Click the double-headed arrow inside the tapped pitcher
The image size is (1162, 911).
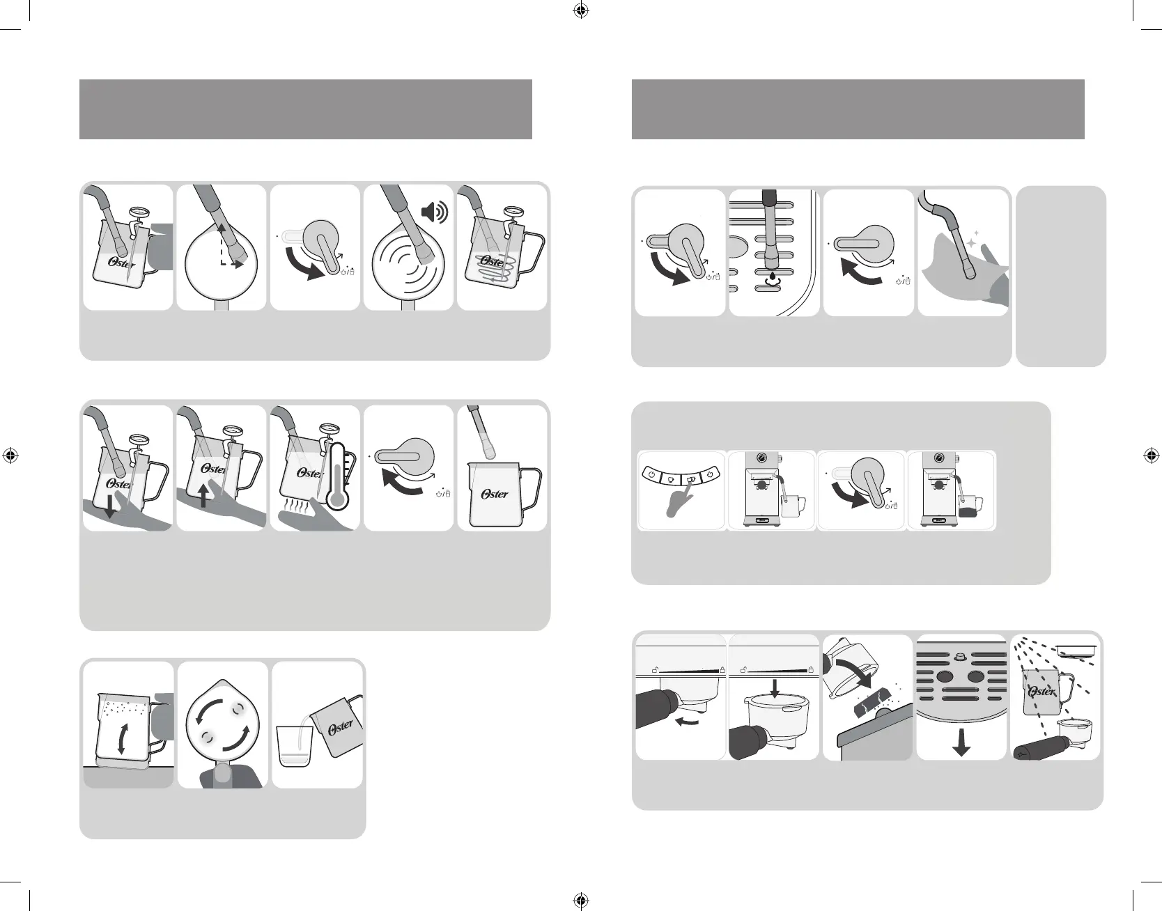coord(122,739)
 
